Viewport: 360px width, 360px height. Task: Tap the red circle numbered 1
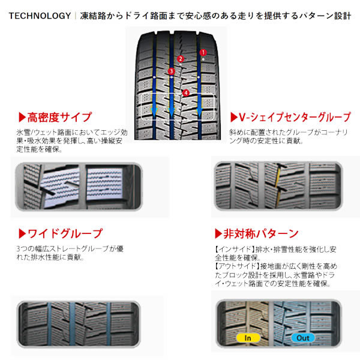(x=203, y=52)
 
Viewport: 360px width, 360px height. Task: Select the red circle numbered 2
(x=181, y=59)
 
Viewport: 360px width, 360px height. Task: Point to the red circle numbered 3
(x=172, y=72)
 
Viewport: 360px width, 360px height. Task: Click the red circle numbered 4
(x=187, y=93)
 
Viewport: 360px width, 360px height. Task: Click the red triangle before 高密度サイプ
(x=22, y=117)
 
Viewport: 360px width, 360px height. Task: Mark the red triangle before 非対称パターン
(x=218, y=233)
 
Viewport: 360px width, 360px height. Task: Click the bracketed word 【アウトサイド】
(x=234, y=265)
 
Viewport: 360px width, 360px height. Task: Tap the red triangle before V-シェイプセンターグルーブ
(x=234, y=116)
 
